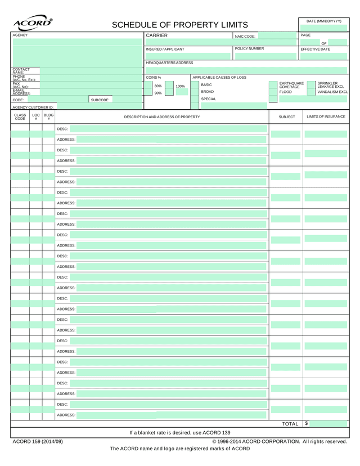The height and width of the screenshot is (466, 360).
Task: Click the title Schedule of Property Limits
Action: pyautogui.click(x=179, y=25)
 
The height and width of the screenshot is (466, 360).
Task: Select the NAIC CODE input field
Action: pyautogui.click(x=277, y=36)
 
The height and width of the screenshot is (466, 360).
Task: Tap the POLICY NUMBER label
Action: pyautogui.click(x=249, y=49)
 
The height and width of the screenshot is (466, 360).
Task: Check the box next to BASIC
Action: pyautogui.click(x=195, y=85)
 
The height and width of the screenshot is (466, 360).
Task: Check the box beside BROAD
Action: pyautogui.click(x=195, y=92)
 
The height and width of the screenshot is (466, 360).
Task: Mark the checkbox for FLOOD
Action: pyautogui.click(x=273, y=92)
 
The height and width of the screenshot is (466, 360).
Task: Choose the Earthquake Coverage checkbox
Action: pyautogui.click(x=273, y=84)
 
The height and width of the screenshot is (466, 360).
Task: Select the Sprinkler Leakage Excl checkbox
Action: pyautogui.click(x=311, y=84)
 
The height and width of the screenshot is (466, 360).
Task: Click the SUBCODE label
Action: pyautogui.click(x=100, y=100)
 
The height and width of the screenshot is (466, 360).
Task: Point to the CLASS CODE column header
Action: pyautogui.click(x=20, y=117)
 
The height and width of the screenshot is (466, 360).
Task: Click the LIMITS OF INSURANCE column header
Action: pyautogui.click(x=326, y=116)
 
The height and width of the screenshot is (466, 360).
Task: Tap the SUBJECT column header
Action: pyautogui.click(x=286, y=117)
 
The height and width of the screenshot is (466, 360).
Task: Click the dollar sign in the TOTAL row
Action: pyautogui.click(x=307, y=423)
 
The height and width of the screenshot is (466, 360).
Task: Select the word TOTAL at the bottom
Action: pyautogui.click(x=290, y=424)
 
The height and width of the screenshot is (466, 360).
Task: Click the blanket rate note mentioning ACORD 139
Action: pyautogui.click(x=180, y=433)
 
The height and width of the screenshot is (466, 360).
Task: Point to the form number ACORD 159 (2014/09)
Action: pyautogui.click(x=38, y=442)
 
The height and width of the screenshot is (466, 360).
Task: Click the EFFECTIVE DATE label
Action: pyautogui.click(x=316, y=50)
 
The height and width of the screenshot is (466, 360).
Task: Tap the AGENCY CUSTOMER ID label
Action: pyautogui.click(x=33, y=107)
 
